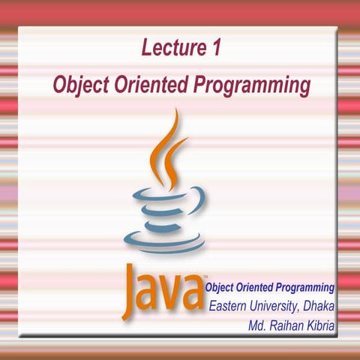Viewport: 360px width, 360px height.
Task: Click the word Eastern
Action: click(230, 306)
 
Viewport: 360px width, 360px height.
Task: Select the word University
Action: click(278, 306)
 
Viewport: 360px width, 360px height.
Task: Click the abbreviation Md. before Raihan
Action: click(259, 325)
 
